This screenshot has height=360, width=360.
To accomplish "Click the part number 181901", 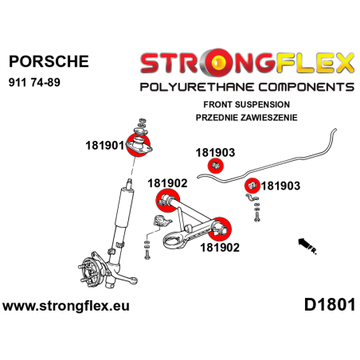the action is coord(104,146).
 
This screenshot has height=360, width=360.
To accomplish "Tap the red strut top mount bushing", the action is coord(138,146).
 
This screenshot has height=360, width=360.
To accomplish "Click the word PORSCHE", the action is coord(49,61).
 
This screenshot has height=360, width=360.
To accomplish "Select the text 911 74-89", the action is coord(34,82).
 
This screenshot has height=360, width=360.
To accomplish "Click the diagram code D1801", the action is coord(330,305).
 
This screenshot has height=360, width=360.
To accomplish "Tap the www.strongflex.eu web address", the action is coord(66,306).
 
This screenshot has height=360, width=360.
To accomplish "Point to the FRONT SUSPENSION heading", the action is coord(246,104).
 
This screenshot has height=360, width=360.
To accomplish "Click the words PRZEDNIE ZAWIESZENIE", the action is coord(246,117).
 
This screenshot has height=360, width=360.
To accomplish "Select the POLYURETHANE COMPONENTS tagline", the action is coord(247,87).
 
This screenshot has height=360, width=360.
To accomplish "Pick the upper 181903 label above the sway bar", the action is coord(215,153).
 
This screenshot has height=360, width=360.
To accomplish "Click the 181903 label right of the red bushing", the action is coord(280,186).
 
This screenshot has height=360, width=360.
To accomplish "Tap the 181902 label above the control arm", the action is coord(167,183).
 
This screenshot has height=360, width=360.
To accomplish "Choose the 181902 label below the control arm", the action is coord(220,248).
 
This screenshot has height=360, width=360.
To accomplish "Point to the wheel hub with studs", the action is coord(90,269).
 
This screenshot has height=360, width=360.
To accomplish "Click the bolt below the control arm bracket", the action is coord(147,253).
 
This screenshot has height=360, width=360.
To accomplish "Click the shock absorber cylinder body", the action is coord(124,208).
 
